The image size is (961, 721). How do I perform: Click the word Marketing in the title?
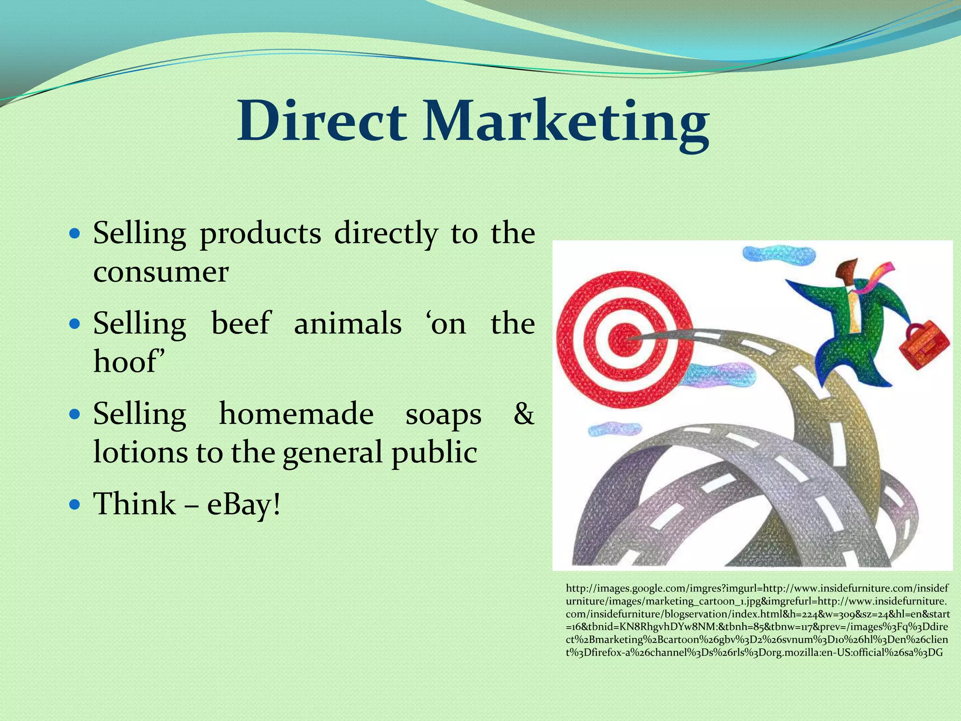coord(566,123)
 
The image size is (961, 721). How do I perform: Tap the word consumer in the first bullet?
coord(161,272)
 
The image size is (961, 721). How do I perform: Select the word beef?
coord(241,323)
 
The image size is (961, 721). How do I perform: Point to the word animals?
coord(348,323)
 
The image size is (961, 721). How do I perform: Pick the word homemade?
coord(296,414)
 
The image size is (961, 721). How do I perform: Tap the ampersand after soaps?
coord(524,414)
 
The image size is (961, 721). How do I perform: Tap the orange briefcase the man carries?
coord(923,347)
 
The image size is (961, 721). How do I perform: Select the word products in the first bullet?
coord(260,233)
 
